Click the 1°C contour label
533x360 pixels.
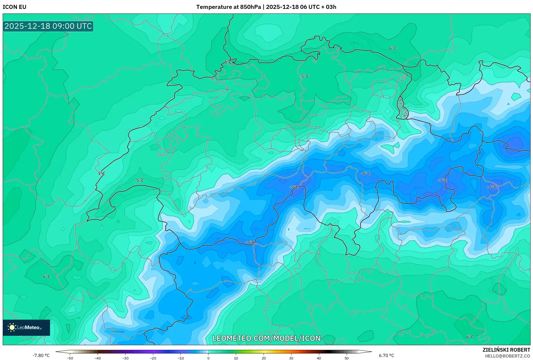[x=101, y=174]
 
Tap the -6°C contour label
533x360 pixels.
[x=365, y=174]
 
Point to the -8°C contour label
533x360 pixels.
[x=492, y=187]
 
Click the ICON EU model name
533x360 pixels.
[x=15, y=7]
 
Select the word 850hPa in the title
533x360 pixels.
[x=250, y=7]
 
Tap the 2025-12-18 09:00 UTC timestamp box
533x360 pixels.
[x=48, y=26]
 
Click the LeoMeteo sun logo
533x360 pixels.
[x=12, y=327]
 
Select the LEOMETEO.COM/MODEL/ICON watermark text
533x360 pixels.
[x=266, y=338]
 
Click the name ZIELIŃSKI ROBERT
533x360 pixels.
[x=506, y=350]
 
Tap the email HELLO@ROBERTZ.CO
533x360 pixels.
[x=507, y=356]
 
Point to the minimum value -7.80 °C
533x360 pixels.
[x=41, y=355]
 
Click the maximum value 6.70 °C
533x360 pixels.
[x=386, y=355]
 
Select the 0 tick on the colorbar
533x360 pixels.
[x=208, y=358]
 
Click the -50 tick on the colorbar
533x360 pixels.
[x=70, y=358]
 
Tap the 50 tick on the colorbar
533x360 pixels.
[x=347, y=358]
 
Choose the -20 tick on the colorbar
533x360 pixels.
[x=153, y=358]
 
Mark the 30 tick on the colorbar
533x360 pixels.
[x=291, y=358]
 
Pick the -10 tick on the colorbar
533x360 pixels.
[x=180, y=358]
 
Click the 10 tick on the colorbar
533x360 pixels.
[x=236, y=358]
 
